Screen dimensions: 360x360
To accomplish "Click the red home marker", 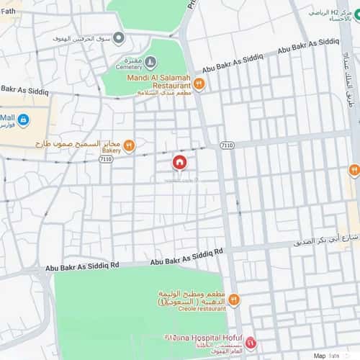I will tap(179, 163).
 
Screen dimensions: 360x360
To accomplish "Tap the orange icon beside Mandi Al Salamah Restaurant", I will tap(199, 84).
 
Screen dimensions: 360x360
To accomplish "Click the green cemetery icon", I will tap(150, 63).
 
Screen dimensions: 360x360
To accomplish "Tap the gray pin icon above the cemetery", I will tap(118, 37).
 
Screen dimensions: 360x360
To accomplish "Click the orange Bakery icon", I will tap(130, 145).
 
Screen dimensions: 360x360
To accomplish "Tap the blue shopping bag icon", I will tap(23, 120).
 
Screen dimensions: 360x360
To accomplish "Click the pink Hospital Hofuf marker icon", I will tap(250, 341).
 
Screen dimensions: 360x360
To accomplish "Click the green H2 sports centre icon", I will tap(356, 12).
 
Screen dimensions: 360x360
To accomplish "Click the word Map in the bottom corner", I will tap(319, 355).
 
